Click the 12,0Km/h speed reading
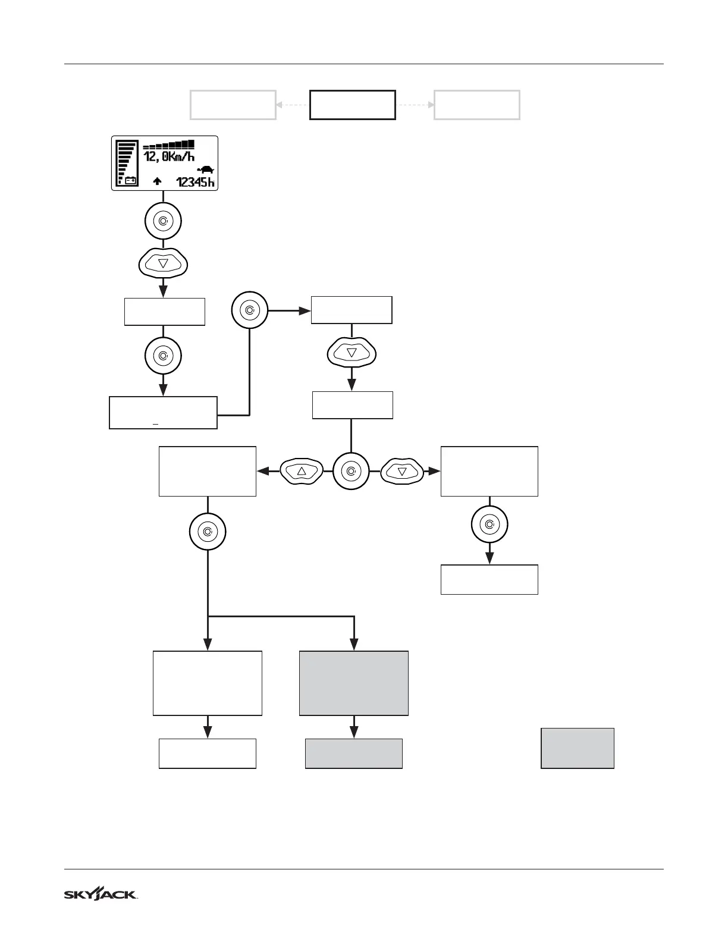click(x=169, y=157)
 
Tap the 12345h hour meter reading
click(x=196, y=182)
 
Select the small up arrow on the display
click(x=157, y=181)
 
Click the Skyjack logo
click(x=101, y=894)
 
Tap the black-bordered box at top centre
click(x=353, y=105)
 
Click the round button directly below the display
click(x=163, y=221)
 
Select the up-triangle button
click(x=301, y=471)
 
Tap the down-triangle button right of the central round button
click(x=401, y=471)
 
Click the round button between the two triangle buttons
click(x=351, y=471)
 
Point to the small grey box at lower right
click(x=577, y=748)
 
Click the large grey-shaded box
click(x=354, y=683)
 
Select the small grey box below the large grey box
click(x=354, y=753)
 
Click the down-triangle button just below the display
click(x=163, y=263)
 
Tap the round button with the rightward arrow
click(x=249, y=310)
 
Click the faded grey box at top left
click(x=233, y=105)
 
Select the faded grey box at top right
click(x=477, y=105)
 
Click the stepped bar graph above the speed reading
click(x=169, y=145)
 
